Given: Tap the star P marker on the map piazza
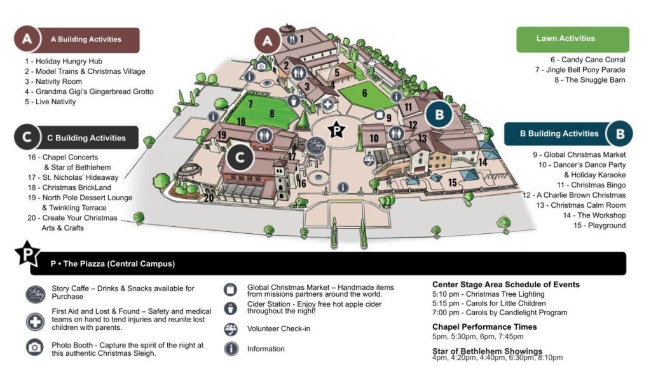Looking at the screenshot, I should coord(336,130).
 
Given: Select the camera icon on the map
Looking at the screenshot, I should coord(261,65).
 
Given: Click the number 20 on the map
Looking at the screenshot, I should coord(209,198).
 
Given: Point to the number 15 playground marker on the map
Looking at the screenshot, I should coord(453,183).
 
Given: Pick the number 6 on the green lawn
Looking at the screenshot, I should coord(365,93).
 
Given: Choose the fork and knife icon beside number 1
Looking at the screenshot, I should coord(292,39).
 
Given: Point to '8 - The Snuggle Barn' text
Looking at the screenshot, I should coord(589,80).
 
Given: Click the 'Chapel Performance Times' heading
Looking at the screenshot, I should coord(484,327).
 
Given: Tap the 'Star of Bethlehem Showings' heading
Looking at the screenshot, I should coord(487,351).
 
